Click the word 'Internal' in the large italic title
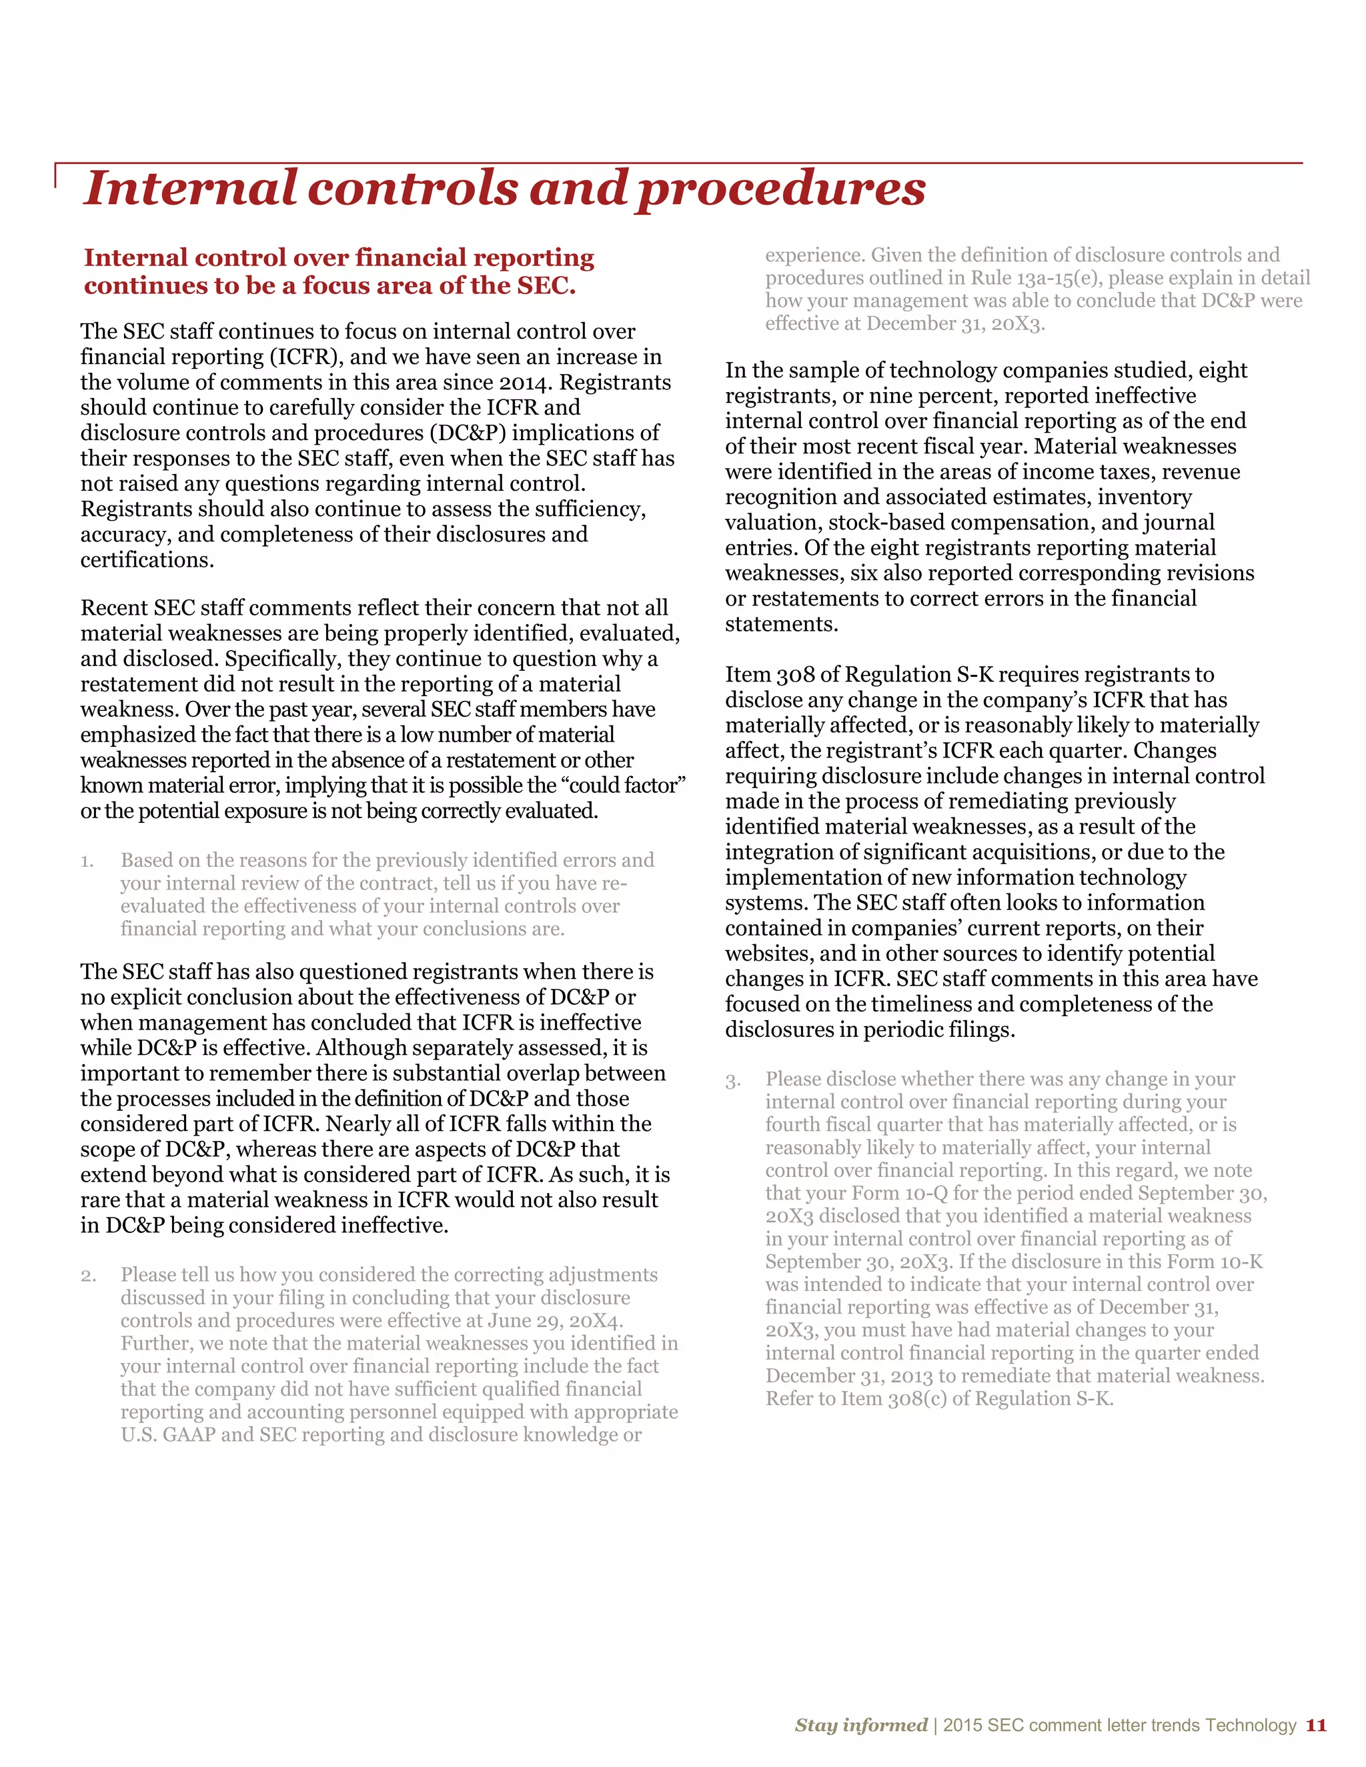[x=190, y=188]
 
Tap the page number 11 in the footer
[x=1316, y=1725]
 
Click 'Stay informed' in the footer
[x=860, y=1725]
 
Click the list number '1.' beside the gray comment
[x=87, y=861]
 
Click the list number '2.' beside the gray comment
[x=88, y=1276]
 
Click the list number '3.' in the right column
[x=732, y=1080]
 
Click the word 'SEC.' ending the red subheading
[x=546, y=285]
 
